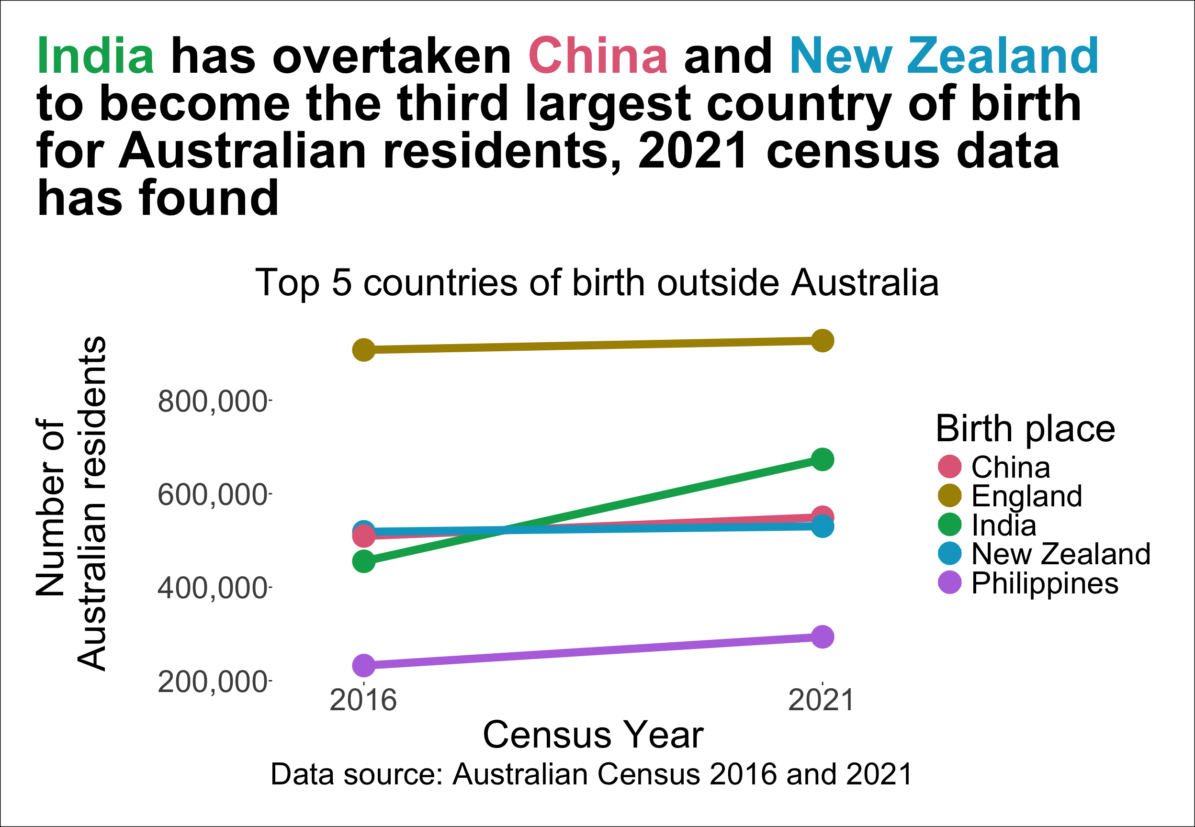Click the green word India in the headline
pyautogui.click(x=95, y=56)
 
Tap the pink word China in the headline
pyautogui.click(x=598, y=56)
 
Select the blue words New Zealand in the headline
pyautogui.click(x=944, y=56)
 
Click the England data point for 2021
pyautogui.click(x=822, y=341)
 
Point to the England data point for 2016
pyautogui.click(x=364, y=350)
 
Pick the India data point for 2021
pyautogui.click(x=822, y=459)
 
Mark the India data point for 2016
pyautogui.click(x=364, y=561)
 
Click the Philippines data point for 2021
pyautogui.click(x=822, y=637)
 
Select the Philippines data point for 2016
pyautogui.click(x=364, y=665)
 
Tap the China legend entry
pyautogui.click(x=1011, y=467)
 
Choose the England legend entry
pyautogui.click(x=1026, y=496)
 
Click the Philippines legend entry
pyautogui.click(x=1044, y=583)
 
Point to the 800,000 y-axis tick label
pyautogui.click(x=213, y=402)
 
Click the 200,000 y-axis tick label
pyautogui.click(x=213, y=682)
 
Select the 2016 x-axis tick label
pyautogui.click(x=363, y=701)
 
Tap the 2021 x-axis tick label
pyautogui.click(x=821, y=701)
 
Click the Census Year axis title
pyautogui.click(x=593, y=735)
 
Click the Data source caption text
pyautogui.click(x=591, y=775)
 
